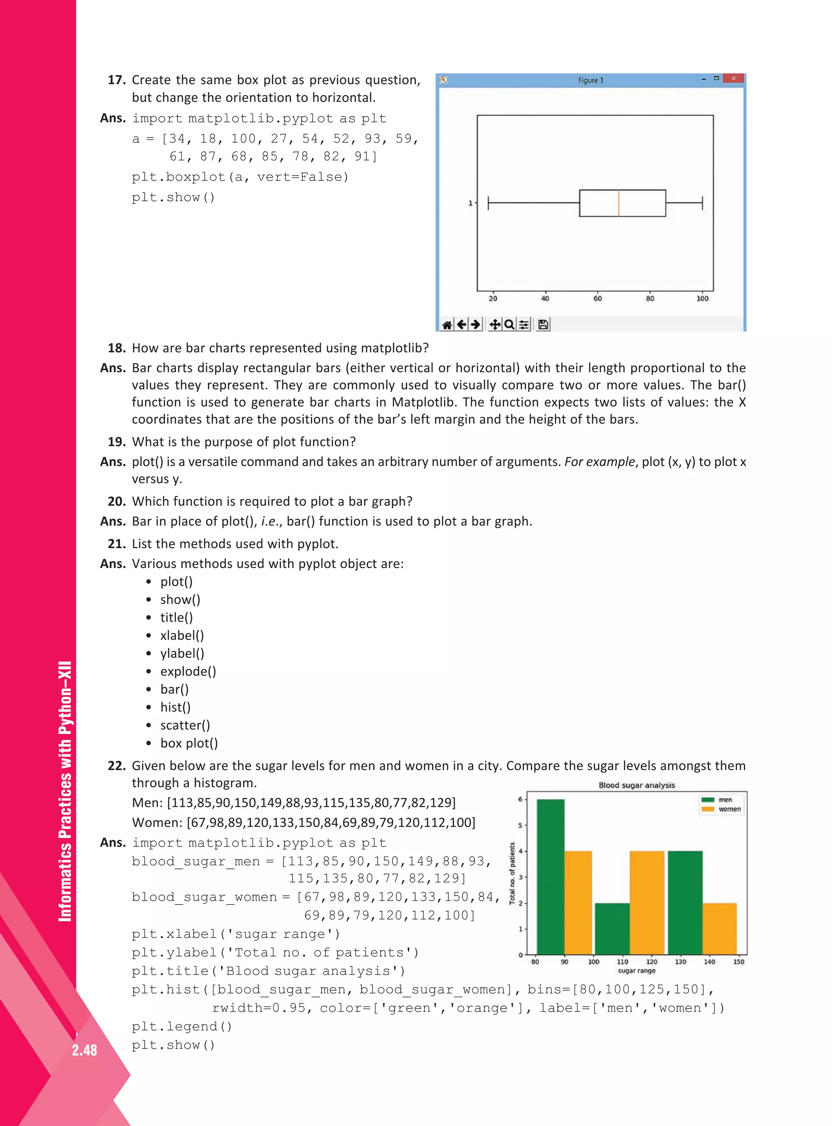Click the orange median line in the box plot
click(618, 203)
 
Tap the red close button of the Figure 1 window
click(733, 78)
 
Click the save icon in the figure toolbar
click(543, 324)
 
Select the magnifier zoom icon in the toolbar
click(509, 324)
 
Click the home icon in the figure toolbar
click(446, 324)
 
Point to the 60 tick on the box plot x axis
click(597, 298)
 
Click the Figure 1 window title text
click(590, 80)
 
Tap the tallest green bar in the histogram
click(550, 876)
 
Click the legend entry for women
click(729, 809)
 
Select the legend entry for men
click(725, 800)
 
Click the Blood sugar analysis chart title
click(636, 785)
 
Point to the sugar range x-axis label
click(636, 970)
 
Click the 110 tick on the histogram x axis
click(622, 961)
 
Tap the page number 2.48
click(84, 1050)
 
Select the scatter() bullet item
click(185, 725)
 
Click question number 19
click(116, 442)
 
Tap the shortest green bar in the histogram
click(612, 929)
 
